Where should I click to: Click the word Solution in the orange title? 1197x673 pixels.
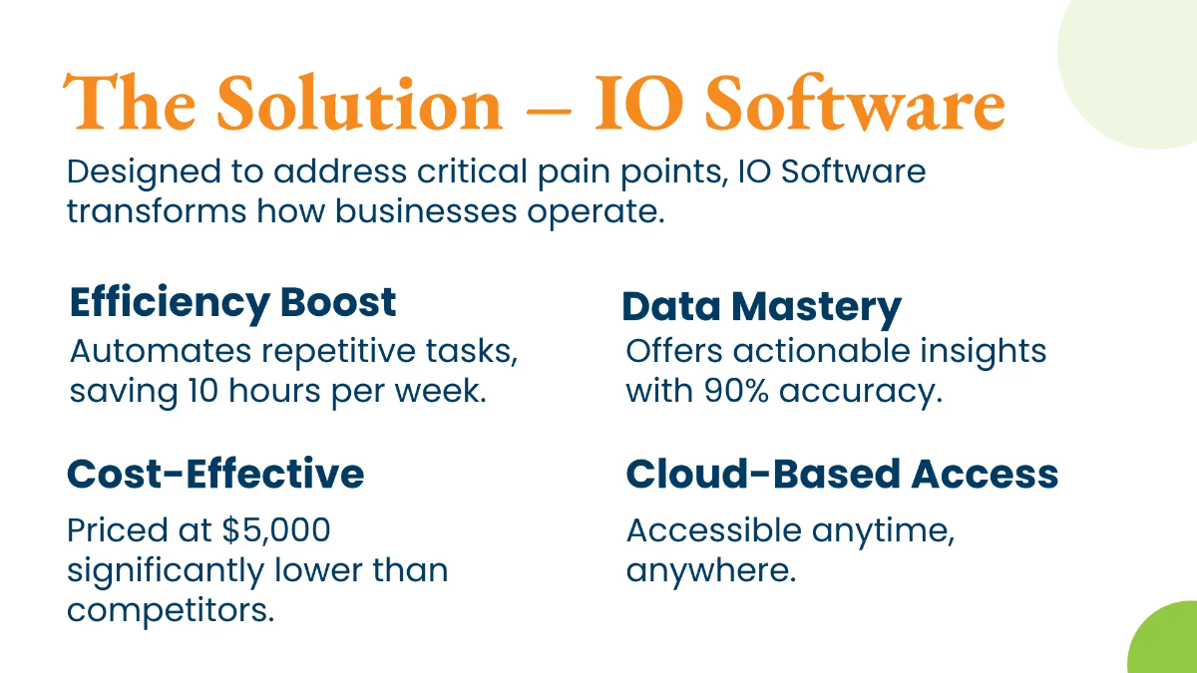pyautogui.click(x=359, y=102)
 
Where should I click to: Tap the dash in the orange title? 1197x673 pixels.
pyautogui.click(x=549, y=112)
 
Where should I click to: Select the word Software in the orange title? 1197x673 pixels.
pyautogui.click(x=855, y=102)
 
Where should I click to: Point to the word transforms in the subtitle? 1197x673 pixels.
pyautogui.click(x=156, y=211)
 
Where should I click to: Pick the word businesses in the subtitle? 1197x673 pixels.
pyautogui.click(x=426, y=211)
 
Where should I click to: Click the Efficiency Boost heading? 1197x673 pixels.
pyautogui.click(x=233, y=304)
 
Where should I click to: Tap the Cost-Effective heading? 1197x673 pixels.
pyautogui.click(x=215, y=474)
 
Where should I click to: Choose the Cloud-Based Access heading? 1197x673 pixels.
pyautogui.click(x=842, y=474)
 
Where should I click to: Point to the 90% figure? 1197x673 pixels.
pyautogui.click(x=736, y=391)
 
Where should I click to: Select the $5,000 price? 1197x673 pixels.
pyautogui.click(x=276, y=530)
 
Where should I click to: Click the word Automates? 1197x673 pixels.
pyautogui.click(x=161, y=351)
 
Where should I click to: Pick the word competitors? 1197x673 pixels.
pyautogui.click(x=171, y=610)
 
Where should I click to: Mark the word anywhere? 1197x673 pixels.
pyautogui.click(x=711, y=571)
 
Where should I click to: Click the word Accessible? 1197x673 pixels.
pyautogui.click(x=714, y=530)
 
